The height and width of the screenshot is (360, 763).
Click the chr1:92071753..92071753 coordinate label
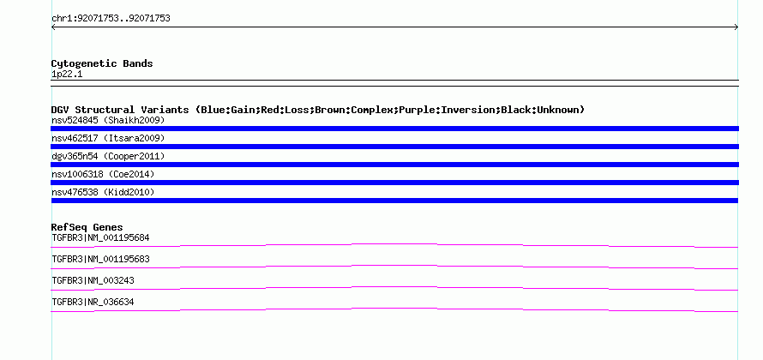click(x=111, y=19)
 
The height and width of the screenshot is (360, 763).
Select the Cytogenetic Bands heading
click(x=102, y=63)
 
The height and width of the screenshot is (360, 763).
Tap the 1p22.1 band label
click(x=67, y=74)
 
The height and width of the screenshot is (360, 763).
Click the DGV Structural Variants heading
click(x=318, y=110)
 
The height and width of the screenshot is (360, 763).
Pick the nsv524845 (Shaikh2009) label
click(x=108, y=120)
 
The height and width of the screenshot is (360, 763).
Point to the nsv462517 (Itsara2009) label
click(x=108, y=138)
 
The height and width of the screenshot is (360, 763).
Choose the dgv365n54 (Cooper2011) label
click(x=108, y=156)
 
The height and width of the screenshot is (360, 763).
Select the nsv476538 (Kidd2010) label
click(x=103, y=192)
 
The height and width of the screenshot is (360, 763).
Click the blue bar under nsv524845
click(x=394, y=129)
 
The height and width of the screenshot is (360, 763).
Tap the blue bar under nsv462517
click(x=394, y=147)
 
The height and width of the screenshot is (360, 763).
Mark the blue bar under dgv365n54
click(x=394, y=165)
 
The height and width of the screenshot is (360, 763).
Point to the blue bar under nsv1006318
click(x=394, y=183)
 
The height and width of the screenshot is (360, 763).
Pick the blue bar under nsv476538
click(x=394, y=201)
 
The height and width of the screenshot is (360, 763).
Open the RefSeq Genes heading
click(x=87, y=227)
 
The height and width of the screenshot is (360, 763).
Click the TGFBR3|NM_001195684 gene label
click(x=100, y=238)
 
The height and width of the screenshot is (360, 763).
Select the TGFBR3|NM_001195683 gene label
click(x=100, y=260)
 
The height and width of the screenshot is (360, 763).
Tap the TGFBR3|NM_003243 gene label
click(x=93, y=280)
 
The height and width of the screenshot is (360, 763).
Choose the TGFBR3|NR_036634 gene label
click(x=93, y=302)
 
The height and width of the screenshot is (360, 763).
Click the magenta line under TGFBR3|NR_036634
click(x=394, y=309)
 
